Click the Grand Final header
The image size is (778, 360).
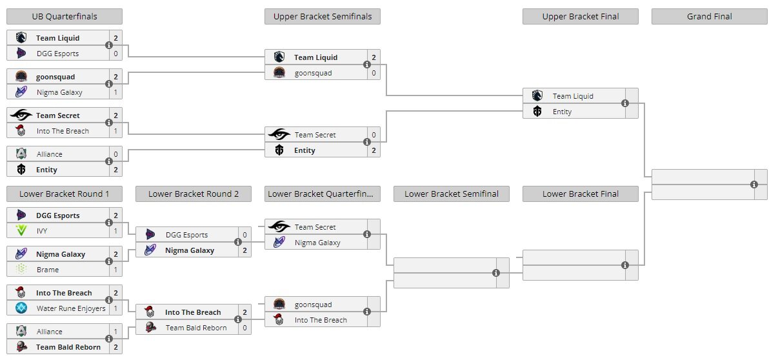tap(709, 16)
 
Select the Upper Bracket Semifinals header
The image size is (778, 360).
tap(322, 16)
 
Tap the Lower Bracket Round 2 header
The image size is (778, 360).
tap(193, 194)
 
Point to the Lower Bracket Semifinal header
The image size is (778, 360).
tap(451, 194)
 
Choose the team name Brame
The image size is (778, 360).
tap(48, 270)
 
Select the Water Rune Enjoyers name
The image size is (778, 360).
tap(71, 308)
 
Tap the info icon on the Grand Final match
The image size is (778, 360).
tap(754, 185)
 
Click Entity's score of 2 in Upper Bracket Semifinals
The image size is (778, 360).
tap(374, 150)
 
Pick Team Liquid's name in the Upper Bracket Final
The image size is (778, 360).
tap(573, 96)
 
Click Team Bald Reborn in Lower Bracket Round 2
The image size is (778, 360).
tap(196, 328)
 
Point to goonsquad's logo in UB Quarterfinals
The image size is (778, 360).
tap(21, 77)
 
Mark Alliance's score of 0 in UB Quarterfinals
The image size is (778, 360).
tap(115, 154)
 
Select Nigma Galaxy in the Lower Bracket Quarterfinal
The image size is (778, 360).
tap(317, 243)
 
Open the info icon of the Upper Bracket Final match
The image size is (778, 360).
tap(625, 103)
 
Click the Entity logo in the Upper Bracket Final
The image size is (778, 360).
tap(537, 112)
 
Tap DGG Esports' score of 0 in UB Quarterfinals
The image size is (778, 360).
tap(115, 54)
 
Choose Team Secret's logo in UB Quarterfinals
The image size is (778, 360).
tap(21, 115)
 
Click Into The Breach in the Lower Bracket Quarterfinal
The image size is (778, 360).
tap(321, 320)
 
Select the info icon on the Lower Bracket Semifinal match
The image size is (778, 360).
tap(496, 273)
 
